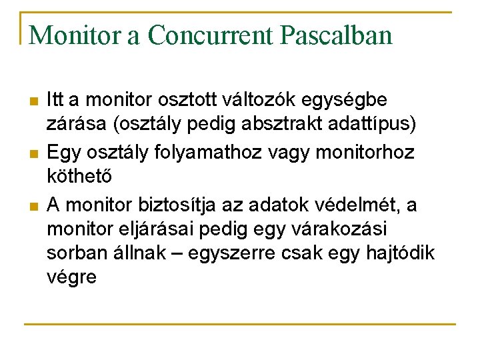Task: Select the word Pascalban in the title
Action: click(343, 36)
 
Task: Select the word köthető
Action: click(74, 177)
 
